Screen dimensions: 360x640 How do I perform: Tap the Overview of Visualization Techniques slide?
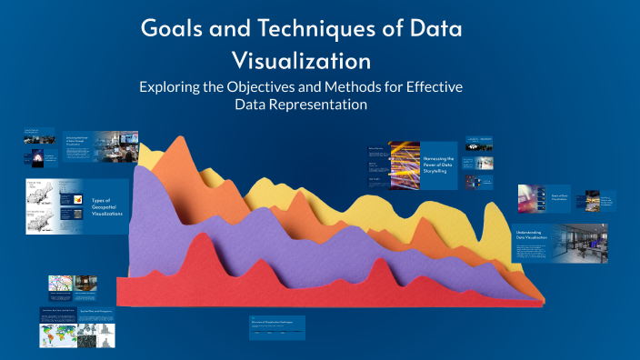click(277, 327)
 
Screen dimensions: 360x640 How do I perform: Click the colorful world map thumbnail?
click(58, 336)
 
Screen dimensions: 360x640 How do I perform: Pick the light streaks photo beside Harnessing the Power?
click(404, 165)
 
